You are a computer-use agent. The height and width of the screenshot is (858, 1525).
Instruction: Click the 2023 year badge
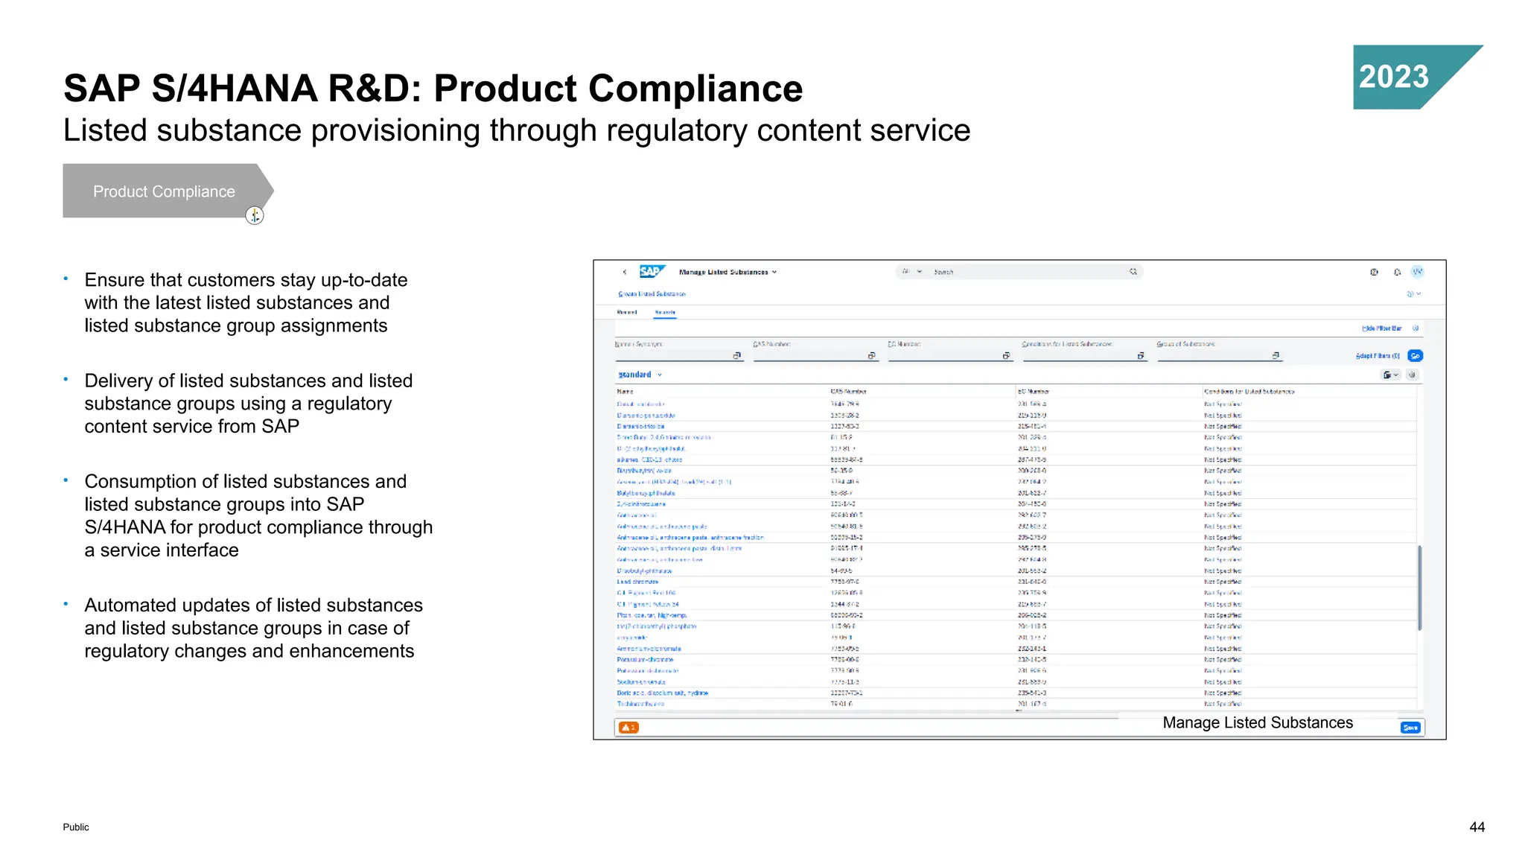pyautogui.click(x=1394, y=77)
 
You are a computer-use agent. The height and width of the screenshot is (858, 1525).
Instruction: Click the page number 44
pyautogui.click(x=1477, y=827)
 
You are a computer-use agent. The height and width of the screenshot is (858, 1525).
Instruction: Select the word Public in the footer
pyautogui.click(x=76, y=827)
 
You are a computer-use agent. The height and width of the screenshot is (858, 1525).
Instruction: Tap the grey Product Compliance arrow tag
pyautogui.click(x=164, y=191)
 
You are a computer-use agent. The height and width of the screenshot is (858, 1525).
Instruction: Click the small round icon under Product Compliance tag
pyautogui.click(x=255, y=215)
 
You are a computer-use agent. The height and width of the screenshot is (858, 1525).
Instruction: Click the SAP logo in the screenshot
pyautogui.click(x=651, y=272)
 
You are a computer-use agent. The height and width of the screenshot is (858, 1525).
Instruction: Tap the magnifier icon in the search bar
pyautogui.click(x=1133, y=272)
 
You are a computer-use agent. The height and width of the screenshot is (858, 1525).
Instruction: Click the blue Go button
pyautogui.click(x=1416, y=356)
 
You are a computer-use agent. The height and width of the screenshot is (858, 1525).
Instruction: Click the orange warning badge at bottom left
pyautogui.click(x=628, y=728)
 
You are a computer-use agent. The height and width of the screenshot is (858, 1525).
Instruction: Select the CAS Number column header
pyautogui.click(x=848, y=391)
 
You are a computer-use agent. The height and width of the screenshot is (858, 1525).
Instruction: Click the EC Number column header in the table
pyautogui.click(x=1034, y=391)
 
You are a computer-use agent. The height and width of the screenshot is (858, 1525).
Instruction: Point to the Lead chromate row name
pyautogui.click(x=637, y=582)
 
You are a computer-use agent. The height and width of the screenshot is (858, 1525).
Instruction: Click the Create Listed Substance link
pyautogui.click(x=652, y=294)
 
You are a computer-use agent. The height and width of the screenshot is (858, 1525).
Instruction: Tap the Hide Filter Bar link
pyautogui.click(x=1381, y=328)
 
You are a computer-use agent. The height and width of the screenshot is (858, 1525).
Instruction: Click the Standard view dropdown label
pyautogui.click(x=635, y=375)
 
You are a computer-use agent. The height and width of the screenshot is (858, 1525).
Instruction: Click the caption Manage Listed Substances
pyautogui.click(x=1258, y=722)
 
